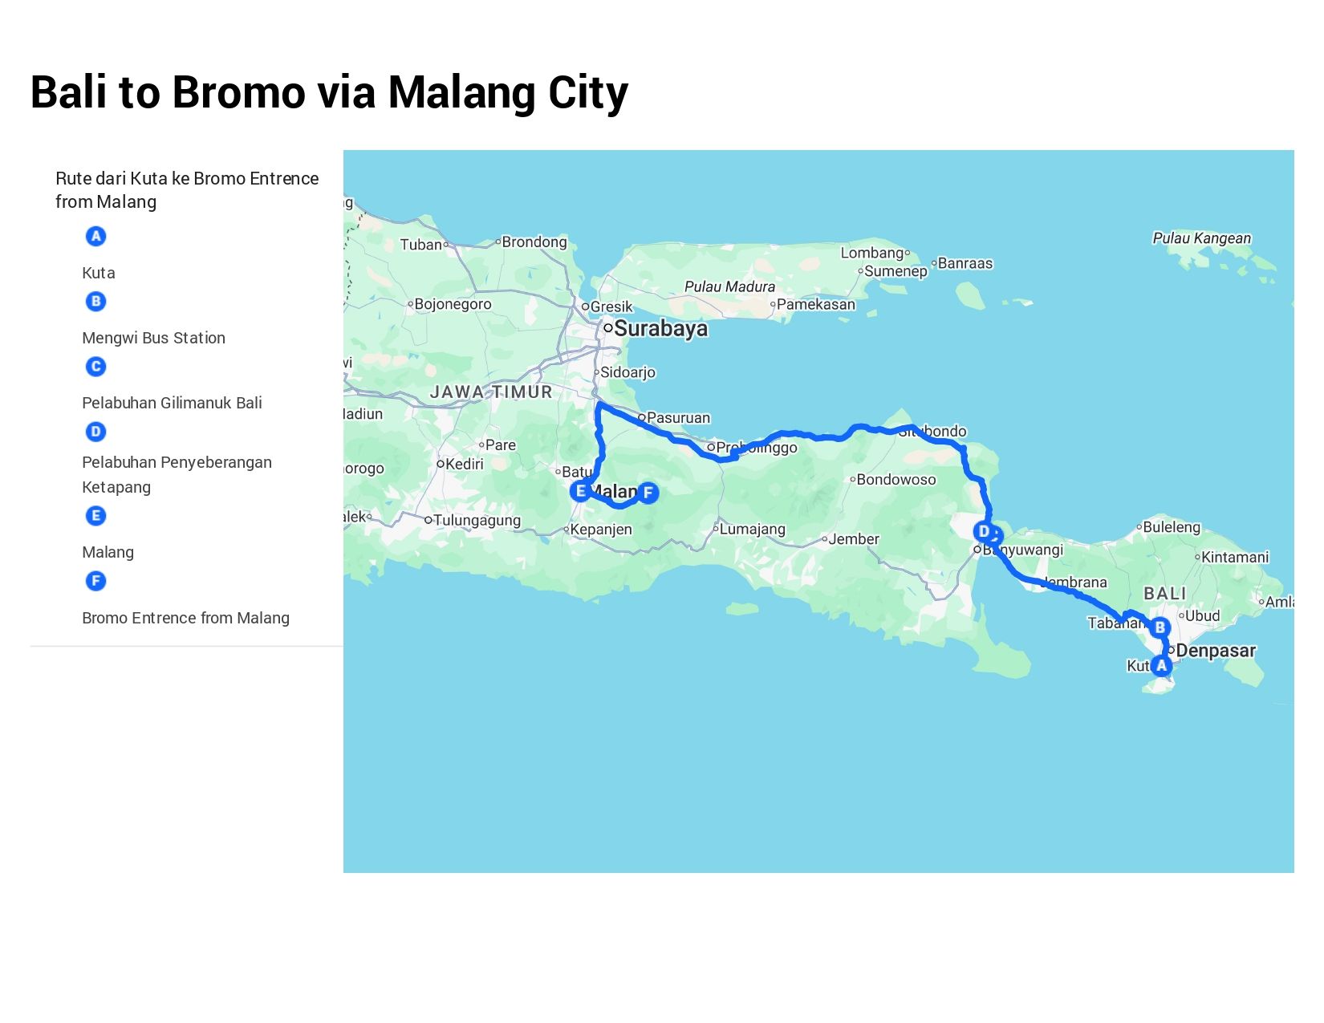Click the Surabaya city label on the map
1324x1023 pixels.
pos(660,329)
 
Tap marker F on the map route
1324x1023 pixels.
pos(648,493)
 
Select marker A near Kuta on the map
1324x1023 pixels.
pos(1161,665)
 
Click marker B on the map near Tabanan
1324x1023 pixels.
pos(1160,627)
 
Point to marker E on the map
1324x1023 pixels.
pos(580,491)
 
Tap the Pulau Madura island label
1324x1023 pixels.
pos(729,286)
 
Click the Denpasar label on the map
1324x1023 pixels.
pos(1215,651)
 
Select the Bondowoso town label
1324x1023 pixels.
pos(896,480)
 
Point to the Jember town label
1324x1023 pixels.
pos(853,539)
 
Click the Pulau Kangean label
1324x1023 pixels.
pos(1201,238)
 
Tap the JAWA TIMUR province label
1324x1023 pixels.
pos(491,392)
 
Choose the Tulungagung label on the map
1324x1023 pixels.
pos(477,521)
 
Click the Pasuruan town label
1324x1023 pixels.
pos(678,418)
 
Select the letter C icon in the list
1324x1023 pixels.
pos(95,367)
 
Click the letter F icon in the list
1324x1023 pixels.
pos(95,581)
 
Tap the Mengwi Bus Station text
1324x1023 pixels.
pos(153,338)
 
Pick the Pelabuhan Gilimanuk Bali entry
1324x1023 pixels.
pos(172,403)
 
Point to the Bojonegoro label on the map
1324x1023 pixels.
pos(453,304)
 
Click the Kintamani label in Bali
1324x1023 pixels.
pos(1235,557)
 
